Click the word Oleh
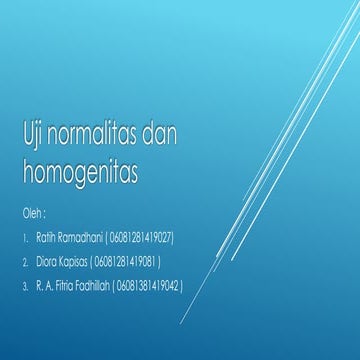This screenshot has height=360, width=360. coord(32,214)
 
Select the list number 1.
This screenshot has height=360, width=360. coord(25,239)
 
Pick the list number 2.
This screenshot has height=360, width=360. coord(25,263)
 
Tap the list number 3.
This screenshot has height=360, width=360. coord(25,286)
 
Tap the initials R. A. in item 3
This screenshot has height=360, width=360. coord(46,286)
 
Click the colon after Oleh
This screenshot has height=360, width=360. coord(45,215)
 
